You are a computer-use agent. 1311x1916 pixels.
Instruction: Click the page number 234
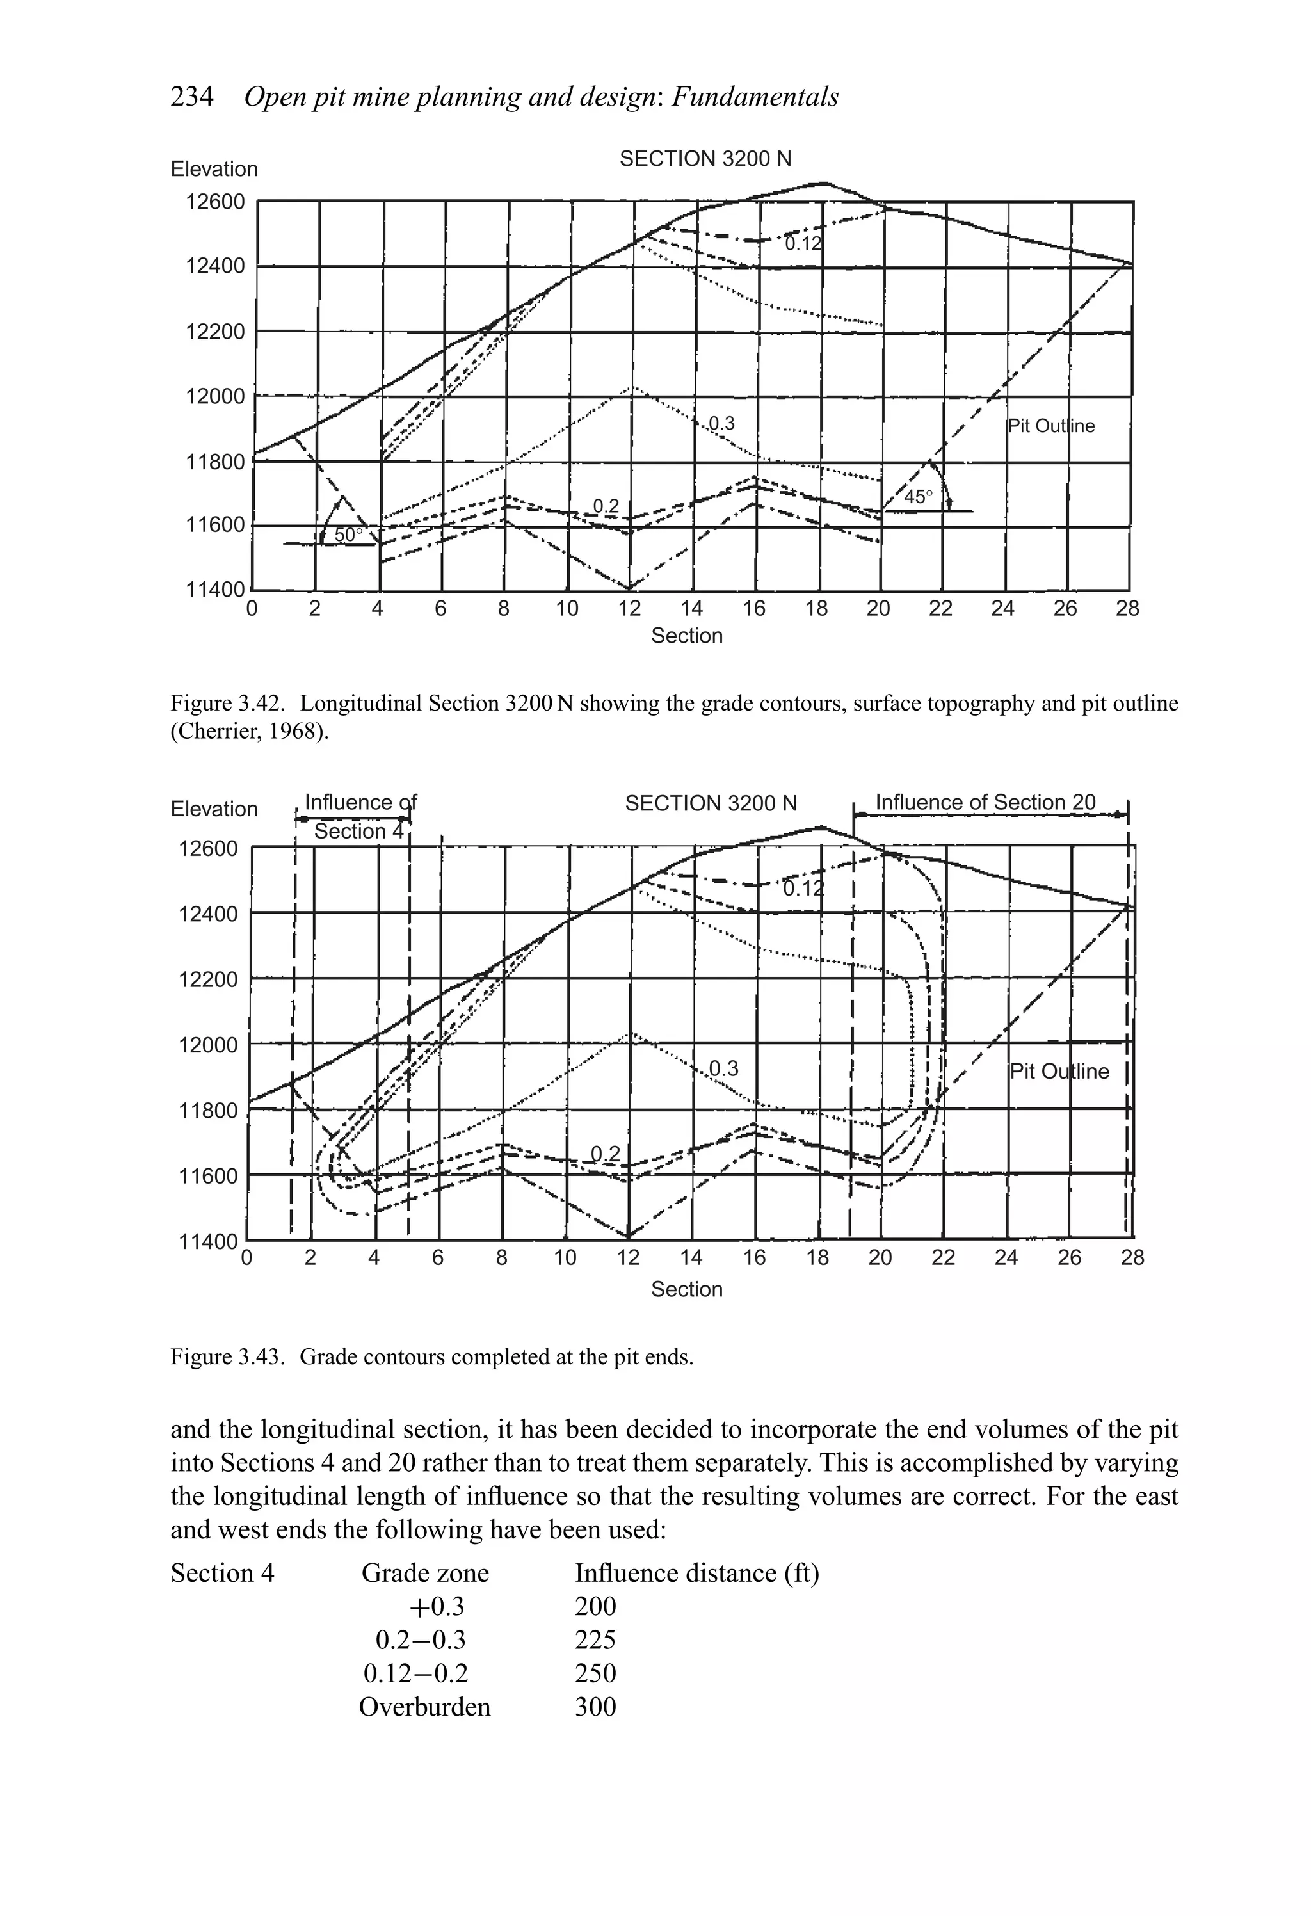[191, 97]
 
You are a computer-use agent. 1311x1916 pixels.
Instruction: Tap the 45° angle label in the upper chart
[918, 497]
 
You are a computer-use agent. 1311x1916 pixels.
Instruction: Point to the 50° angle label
[348, 535]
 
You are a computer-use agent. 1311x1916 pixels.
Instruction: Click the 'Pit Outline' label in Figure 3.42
[1051, 426]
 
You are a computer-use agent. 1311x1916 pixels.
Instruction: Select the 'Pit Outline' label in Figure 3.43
[1059, 1071]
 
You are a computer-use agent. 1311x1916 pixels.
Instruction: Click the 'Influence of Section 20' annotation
[985, 802]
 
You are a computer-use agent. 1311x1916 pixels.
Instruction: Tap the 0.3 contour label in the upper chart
[721, 424]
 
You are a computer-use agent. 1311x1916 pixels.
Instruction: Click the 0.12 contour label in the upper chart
[803, 244]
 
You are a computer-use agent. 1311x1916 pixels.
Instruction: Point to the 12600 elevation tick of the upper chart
[215, 202]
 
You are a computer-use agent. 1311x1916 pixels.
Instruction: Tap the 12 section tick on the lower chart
[628, 1257]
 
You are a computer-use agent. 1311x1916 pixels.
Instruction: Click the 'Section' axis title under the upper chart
[687, 636]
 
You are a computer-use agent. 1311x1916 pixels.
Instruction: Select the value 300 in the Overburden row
[595, 1707]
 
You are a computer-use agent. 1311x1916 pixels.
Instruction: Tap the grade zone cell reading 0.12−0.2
[415, 1673]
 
